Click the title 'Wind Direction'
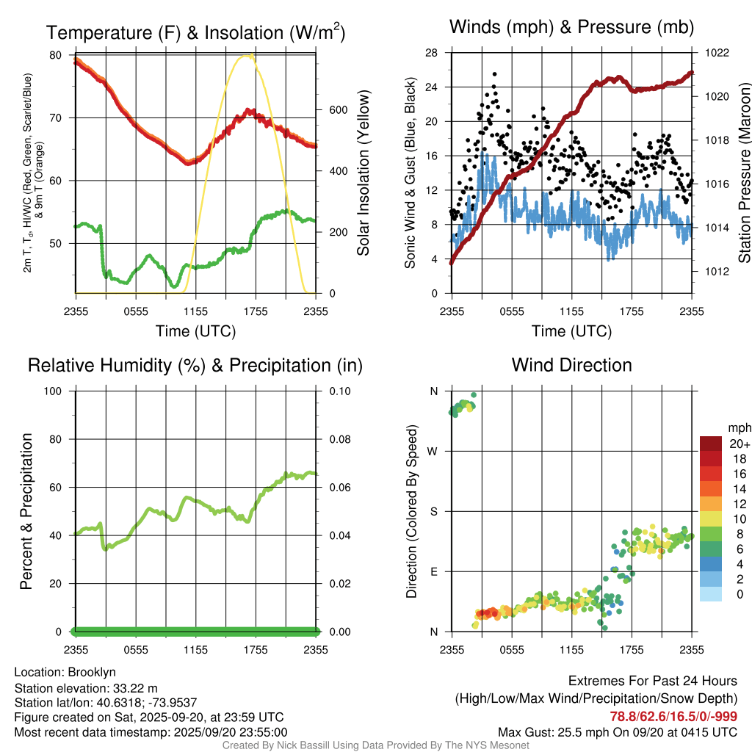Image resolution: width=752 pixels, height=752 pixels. coord(571,365)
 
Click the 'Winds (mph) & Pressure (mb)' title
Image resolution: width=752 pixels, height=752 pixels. coord(571,28)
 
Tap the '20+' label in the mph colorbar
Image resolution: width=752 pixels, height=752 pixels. coord(738,444)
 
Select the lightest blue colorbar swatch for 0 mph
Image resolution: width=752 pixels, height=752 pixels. coord(711,595)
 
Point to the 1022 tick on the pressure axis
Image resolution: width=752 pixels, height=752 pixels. coord(715,53)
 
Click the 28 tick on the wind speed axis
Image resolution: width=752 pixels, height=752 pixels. coord(432,53)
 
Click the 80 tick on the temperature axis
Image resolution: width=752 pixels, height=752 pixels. coord(56,55)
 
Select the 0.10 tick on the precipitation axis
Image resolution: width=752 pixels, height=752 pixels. coord(339,391)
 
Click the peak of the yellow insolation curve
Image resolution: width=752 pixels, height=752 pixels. coord(250,55)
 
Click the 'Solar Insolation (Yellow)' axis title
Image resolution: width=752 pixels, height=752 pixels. coord(363,173)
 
